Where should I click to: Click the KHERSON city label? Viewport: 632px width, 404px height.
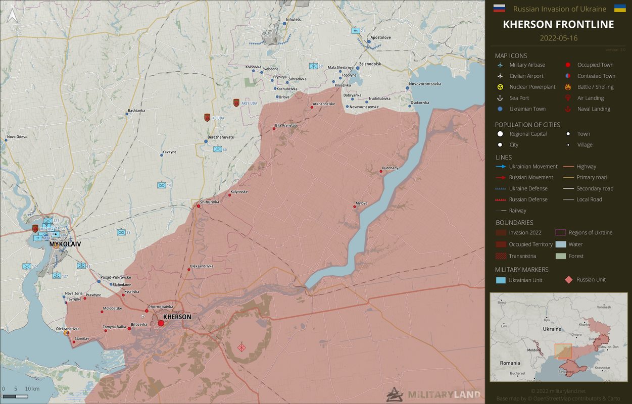(177, 317)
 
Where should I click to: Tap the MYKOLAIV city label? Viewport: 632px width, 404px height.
(65, 244)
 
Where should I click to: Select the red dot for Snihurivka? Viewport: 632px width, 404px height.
(199, 206)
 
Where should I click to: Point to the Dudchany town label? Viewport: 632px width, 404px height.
(390, 168)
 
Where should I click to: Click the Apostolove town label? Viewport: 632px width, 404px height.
(380, 37)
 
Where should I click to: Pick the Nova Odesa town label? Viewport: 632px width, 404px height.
(17, 137)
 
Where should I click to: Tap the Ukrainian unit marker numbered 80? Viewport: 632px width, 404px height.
(218, 149)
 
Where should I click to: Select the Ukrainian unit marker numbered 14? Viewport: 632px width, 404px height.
(162, 185)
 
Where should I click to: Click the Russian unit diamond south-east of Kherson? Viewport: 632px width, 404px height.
(242, 347)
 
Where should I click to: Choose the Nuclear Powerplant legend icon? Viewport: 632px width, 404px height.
(500, 87)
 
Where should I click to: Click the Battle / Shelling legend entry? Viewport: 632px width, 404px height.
(595, 87)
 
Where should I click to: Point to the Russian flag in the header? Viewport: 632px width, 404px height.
(499, 9)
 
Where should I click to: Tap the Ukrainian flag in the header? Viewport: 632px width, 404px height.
(620, 9)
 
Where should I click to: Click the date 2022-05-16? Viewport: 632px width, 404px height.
(558, 38)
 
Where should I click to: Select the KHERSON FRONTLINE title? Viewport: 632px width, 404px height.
(558, 24)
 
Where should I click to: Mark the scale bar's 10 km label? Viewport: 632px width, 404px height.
(32, 389)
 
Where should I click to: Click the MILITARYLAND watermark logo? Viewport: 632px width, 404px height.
(433, 394)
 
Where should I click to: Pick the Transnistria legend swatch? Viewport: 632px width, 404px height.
(501, 256)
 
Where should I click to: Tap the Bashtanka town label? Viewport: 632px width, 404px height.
(136, 110)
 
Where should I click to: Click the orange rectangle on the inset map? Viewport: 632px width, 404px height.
(563, 351)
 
